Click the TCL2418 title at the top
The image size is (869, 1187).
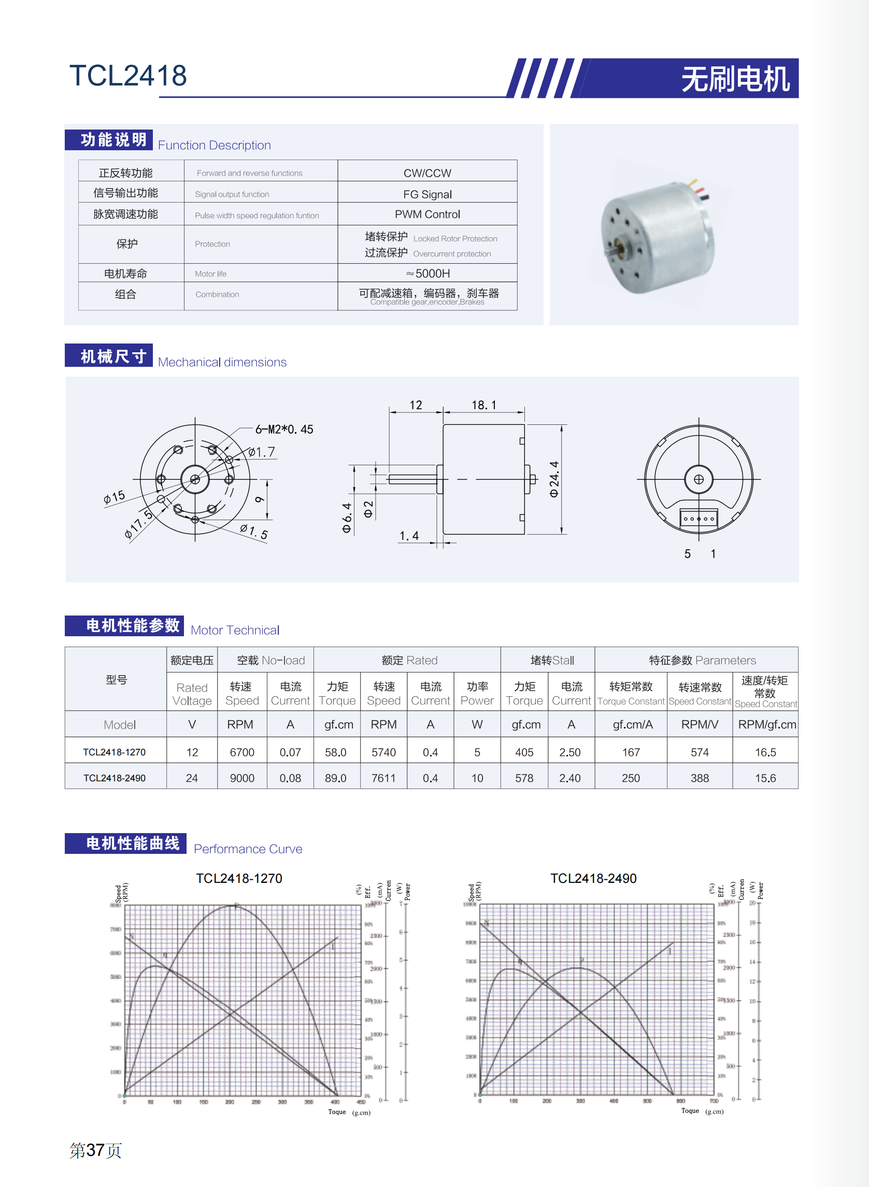tap(128, 75)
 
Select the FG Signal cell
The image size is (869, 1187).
tap(427, 194)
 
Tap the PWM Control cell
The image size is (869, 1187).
tap(427, 214)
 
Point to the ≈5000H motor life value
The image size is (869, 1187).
tap(427, 274)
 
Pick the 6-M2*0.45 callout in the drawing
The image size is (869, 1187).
tap(284, 429)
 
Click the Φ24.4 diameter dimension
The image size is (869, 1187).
tap(554, 479)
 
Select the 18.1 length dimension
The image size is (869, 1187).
tap(483, 405)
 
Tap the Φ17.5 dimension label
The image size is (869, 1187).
tap(138, 524)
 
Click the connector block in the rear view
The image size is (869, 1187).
tap(699, 518)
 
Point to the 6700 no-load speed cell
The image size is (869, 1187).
tap(242, 752)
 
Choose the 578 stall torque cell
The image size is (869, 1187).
tap(524, 778)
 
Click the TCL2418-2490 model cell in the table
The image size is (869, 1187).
tap(115, 778)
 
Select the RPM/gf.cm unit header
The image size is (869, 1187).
tap(766, 724)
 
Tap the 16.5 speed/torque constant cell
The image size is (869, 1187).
tap(765, 752)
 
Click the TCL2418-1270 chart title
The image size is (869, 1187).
tap(239, 878)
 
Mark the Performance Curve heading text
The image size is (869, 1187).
tap(248, 849)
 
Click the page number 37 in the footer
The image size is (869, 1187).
tap(95, 1150)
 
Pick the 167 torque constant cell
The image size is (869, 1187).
tap(631, 752)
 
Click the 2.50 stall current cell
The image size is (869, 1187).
tap(569, 752)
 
